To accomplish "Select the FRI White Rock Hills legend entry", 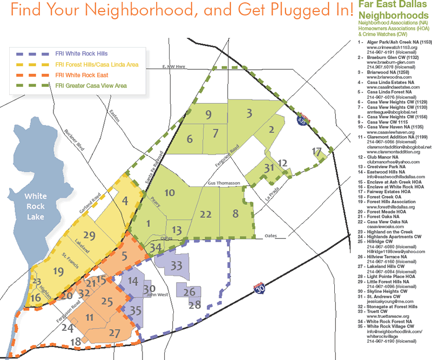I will [81, 54].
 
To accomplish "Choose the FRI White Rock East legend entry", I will [82, 75].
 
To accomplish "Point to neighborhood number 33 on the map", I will [177, 266].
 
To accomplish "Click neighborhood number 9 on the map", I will [207, 114].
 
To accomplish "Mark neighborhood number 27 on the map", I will [114, 332].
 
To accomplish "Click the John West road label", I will [157, 295].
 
